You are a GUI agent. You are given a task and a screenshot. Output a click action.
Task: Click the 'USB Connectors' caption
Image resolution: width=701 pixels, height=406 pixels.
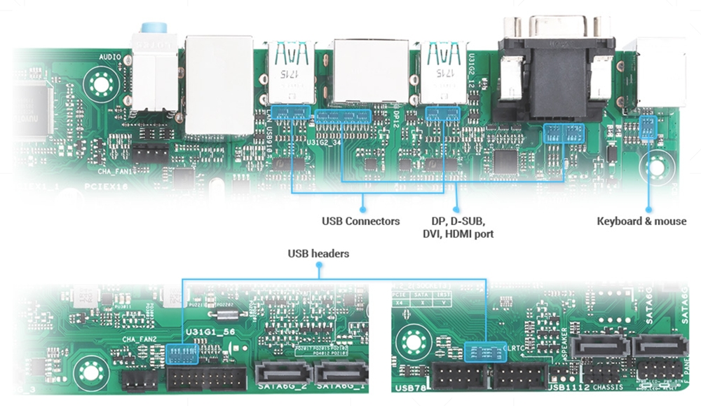click(x=360, y=222)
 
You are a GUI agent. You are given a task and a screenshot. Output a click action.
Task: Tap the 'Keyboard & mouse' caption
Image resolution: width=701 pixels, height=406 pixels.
click(x=641, y=222)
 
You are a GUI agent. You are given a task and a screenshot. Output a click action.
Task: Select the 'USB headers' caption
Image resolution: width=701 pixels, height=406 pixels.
click(x=318, y=253)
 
